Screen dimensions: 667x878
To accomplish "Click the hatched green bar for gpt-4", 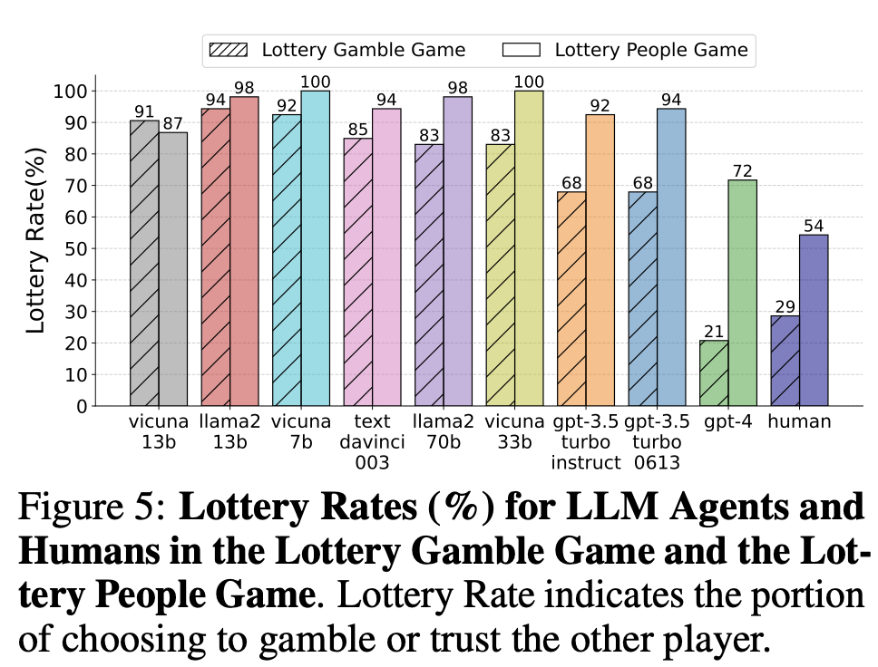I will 714,373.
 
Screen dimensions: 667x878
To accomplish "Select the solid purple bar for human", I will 814,320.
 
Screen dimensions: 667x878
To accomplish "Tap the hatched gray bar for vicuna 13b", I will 144,263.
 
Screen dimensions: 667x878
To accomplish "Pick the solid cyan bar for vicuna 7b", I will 315,248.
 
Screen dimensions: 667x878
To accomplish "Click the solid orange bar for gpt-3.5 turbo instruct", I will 600,260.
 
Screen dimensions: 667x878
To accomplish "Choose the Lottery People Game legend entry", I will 626,50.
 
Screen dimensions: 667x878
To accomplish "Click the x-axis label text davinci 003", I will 372,442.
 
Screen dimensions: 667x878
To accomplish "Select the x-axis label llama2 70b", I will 443,432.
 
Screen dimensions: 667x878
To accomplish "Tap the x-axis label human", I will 799,422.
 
